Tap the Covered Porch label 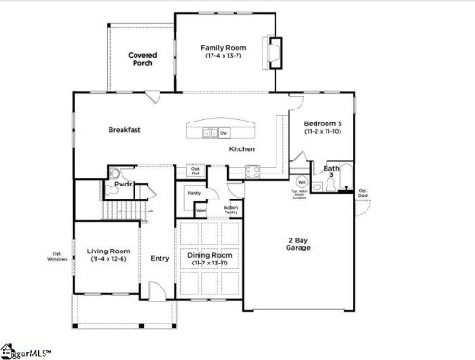(142, 59)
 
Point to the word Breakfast (124, 130)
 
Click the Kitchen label (243, 149)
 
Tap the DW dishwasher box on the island (223, 133)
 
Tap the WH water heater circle (302, 184)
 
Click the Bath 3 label (330, 171)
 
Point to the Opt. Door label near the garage (364, 194)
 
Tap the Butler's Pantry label (232, 210)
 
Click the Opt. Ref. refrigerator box (196, 170)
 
